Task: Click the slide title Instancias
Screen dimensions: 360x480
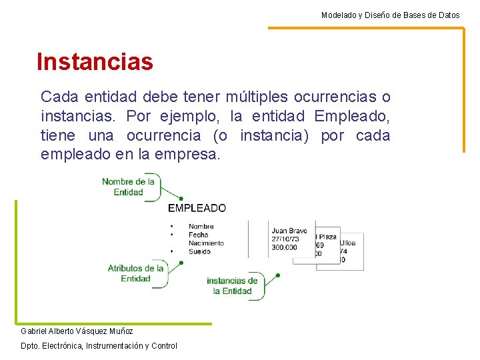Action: pyautogui.click(x=95, y=62)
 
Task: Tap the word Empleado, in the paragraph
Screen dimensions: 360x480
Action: pyautogui.click(x=351, y=117)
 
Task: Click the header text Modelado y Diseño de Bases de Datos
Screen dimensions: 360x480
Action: pyautogui.click(x=390, y=15)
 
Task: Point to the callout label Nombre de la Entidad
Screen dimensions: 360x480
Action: pyautogui.click(x=128, y=187)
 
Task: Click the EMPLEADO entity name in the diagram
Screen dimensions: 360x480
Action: pyautogui.click(x=197, y=208)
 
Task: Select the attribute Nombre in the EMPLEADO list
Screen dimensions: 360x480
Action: pyautogui.click(x=201, y=227)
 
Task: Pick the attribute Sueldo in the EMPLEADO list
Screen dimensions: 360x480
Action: pyautogui.click(x=199, y=251)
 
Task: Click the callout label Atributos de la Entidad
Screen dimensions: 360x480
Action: pyautogui.click(x=135, y=273)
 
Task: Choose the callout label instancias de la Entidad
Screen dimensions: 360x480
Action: pyautogui.click(x=232, y=286)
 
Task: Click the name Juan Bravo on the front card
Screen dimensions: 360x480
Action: pyautogui.click(x=289, y=231)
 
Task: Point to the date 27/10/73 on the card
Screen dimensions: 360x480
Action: pyautogui.click(x=285, y=239)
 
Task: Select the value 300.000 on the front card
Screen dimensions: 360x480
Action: pyautogui.click(x=285, y=247)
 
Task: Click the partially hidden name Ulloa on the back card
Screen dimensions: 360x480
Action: pyautogui.click(x=349, y=243)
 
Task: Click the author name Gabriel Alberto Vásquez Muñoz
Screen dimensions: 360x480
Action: pyautogui.click(x=77, y=331)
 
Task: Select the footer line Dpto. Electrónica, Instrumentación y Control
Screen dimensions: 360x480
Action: pyautogui.click(x=99, y=345)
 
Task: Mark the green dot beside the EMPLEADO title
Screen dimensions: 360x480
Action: pyautogui.click(x=181, y=198)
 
